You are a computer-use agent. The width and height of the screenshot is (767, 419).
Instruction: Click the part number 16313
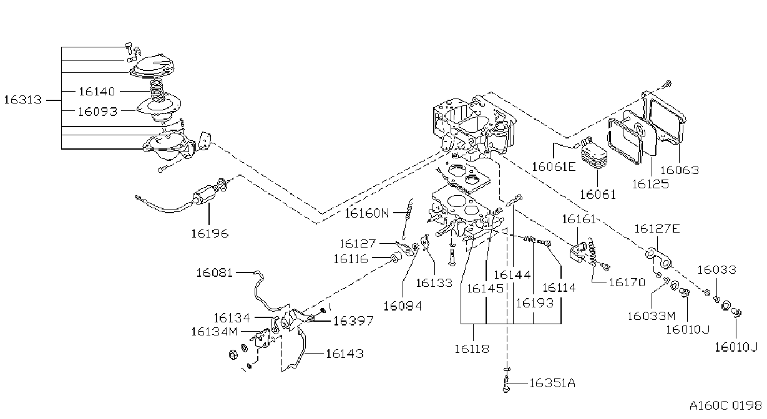tap(23, 100)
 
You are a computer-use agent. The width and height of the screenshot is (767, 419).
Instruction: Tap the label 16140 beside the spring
tap(97, 92)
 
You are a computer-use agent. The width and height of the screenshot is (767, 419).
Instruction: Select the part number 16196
tap(210, 234)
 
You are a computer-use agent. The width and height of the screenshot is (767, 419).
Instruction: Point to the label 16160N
tap(367, 213)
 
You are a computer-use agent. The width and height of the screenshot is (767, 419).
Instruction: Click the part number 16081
tap(214, 273)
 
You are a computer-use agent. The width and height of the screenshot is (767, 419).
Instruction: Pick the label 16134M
tap(214, 332)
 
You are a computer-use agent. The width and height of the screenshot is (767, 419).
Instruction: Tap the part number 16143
tap(344, 354)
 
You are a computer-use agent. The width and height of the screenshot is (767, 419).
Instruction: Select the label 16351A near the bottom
tap(552, 383)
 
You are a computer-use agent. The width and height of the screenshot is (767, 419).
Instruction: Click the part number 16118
tap(472, 349)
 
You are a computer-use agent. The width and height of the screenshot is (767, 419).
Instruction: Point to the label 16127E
tap(657, 228)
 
